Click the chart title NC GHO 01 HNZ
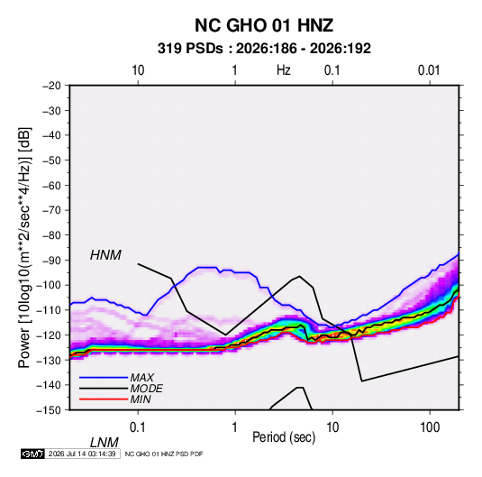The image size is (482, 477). coord(264,25)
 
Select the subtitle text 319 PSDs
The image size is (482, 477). coord(190,49)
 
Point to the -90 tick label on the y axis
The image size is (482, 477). coord(51,260)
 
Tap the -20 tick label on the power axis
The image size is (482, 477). coord(51,86)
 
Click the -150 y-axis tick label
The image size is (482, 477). coord(49,410)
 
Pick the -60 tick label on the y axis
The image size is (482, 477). coord(51,185)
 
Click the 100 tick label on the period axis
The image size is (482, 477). coord(430,427)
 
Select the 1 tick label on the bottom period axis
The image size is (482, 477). coord(235,427)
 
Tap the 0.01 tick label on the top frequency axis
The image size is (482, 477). coord(429,70)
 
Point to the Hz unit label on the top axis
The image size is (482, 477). coord(284,70)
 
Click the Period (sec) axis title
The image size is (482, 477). coord(284,437)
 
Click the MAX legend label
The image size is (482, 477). coord(142,378)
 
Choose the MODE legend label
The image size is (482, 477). coord(146,389)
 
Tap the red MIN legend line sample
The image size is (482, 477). coord(104,399)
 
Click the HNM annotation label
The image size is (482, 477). coord(105,255)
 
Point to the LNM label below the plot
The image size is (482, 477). coord(105,443)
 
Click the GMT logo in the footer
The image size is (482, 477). coord(33,454)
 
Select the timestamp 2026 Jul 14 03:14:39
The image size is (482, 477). coord(82,454)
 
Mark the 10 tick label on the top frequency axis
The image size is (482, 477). coord(138,70)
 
